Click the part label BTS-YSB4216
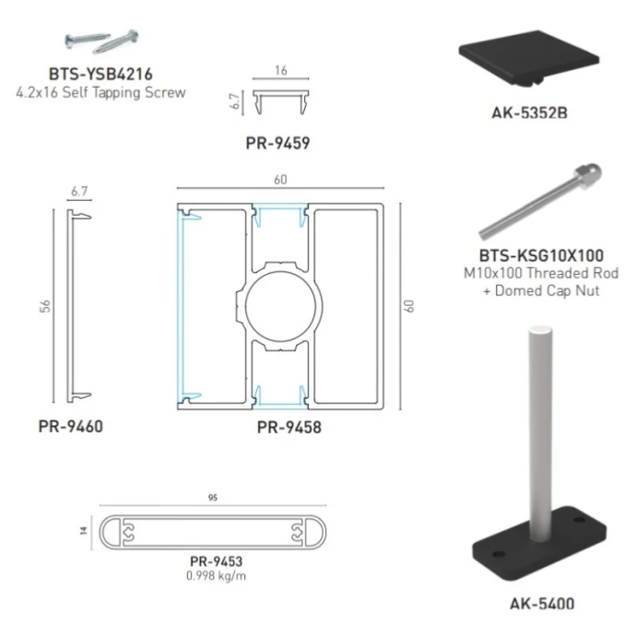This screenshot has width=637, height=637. point(101,73)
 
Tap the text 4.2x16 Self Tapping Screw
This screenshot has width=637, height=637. point(101,91)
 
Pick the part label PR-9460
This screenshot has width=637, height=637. point(71,427)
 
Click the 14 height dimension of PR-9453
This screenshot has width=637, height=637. point(84,532)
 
